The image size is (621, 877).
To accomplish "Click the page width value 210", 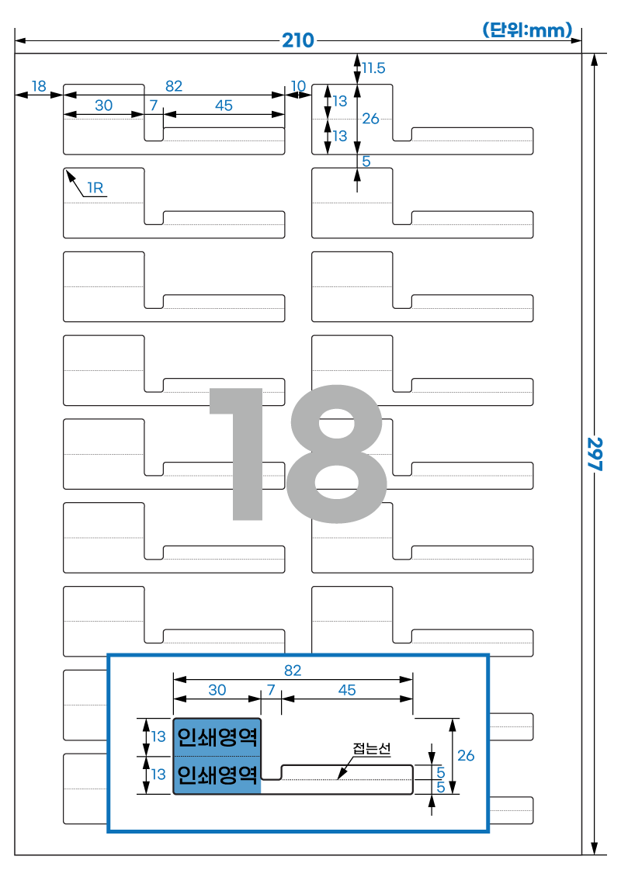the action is coord(297,40).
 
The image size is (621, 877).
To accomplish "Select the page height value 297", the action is coord(595,454).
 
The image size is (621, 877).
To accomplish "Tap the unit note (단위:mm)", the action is coord(527,29).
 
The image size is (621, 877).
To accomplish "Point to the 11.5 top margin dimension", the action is coord(373,68).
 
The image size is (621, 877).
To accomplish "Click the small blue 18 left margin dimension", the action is coord(39,86).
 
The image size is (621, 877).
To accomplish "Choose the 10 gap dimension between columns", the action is coord(298,85).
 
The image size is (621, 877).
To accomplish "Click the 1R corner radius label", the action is coord(95,188).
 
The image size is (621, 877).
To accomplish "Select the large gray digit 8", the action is coord(337,453).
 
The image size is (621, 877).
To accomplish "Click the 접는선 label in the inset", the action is coord(372,748).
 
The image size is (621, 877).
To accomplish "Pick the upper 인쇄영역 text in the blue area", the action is coord(217,737).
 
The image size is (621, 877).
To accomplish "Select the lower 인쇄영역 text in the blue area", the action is coord(217,775).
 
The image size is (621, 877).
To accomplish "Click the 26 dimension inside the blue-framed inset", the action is coord(466,756).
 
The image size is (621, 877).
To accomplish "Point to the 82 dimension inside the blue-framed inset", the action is coord(293,671).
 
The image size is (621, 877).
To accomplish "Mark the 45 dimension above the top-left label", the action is coord(224,106).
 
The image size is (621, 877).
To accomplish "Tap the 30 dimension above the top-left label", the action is coord(103,105).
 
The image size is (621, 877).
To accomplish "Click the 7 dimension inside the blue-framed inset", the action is coord(272,690).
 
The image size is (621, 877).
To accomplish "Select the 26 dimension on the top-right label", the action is coord(370,119).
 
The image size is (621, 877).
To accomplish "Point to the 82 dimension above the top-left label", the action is coord(173,86).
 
